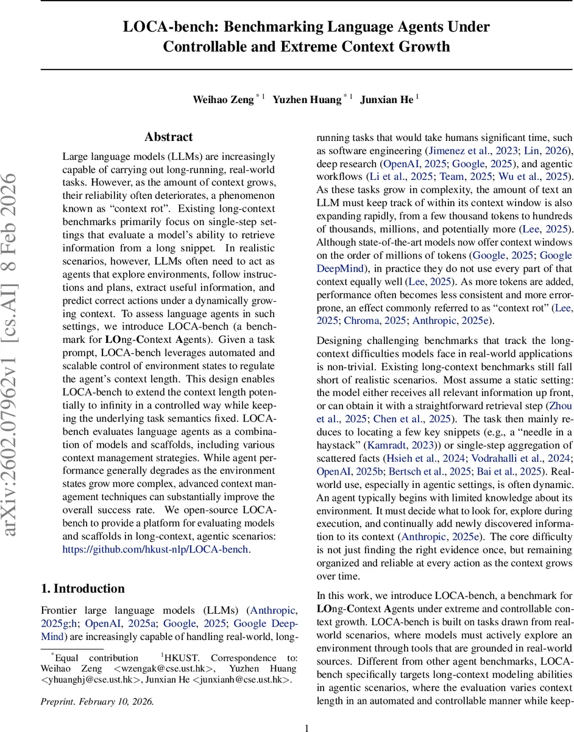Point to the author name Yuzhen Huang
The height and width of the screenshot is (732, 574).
coord(306,99)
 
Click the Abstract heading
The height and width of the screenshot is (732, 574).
coord(169,137)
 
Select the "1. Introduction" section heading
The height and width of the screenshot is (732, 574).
coord(83,589)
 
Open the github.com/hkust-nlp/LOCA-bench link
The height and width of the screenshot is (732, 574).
coord(156,549)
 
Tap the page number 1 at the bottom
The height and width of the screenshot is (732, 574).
coord(306,727)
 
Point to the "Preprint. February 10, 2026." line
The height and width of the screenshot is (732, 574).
coord(97,701)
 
